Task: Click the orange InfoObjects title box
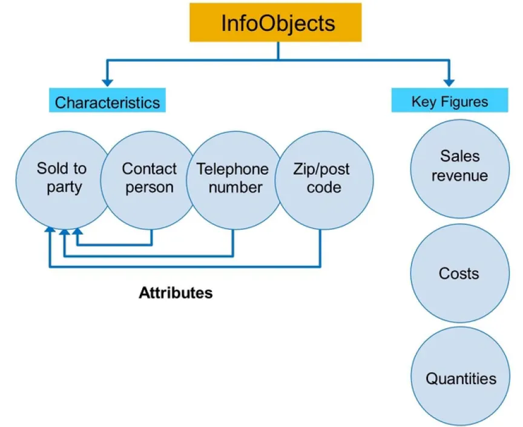point(278,22)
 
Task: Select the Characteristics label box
point(107,102)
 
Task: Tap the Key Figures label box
point(449,101)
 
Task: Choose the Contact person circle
point(148,177)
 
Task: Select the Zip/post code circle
point(321,177)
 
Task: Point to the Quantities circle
point(460,378)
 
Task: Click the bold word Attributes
point(176,293)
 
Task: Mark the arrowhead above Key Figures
point(449,80)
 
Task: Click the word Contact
point(149,169)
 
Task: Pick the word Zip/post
point(320,169)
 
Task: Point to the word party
point(64,187)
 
